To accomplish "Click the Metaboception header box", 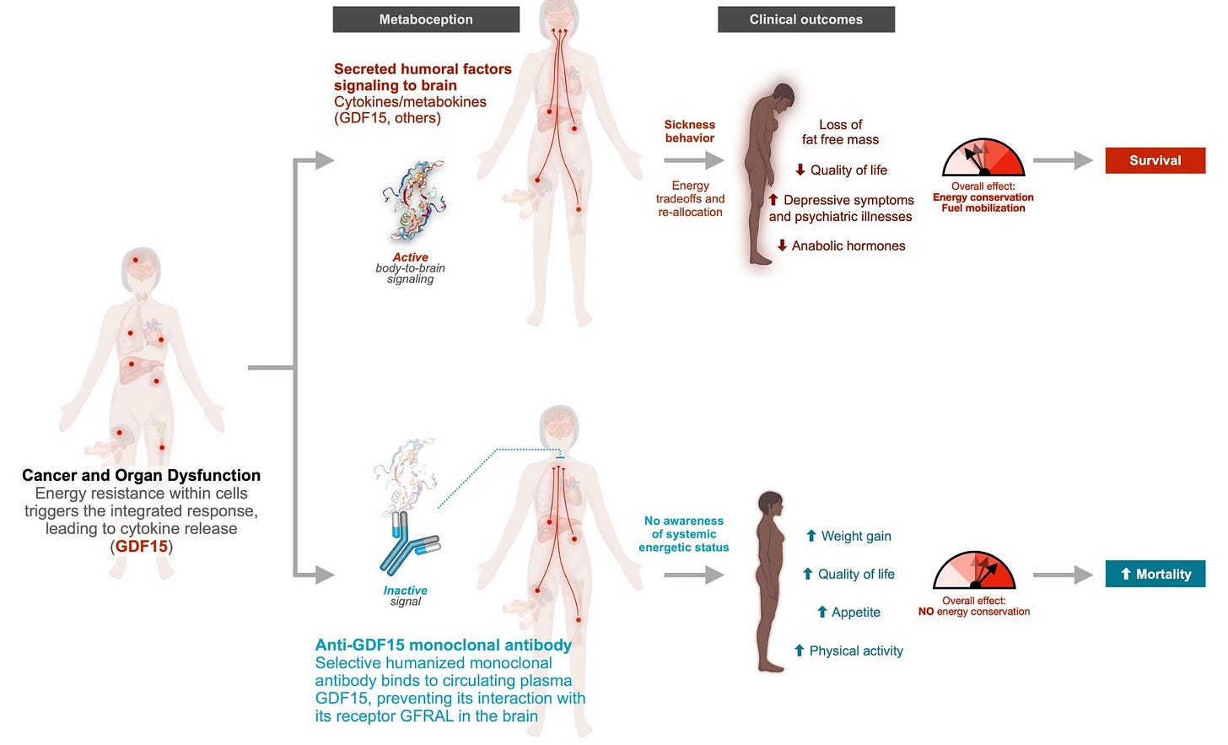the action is point(426,19).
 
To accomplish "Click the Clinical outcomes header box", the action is point(806,19).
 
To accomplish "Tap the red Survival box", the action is point(1155,160).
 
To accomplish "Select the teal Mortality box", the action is point(1155,574).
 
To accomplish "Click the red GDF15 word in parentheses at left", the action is point(142,547).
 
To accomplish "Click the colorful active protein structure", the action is point(414,201).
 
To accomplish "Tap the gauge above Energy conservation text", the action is point(983,158).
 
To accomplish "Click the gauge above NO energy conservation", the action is point(974,570).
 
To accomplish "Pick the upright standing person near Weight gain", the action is point(769,581).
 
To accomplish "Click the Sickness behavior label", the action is point(690,131).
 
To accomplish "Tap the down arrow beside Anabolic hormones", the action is point(783,246).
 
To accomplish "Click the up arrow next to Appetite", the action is point(821,612).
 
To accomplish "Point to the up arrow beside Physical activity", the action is point(800,651).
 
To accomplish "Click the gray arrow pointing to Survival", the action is point(1063,160).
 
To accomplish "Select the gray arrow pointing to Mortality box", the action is point(1063,575).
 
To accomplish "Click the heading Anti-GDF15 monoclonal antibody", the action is point(443,645).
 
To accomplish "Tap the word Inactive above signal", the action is point(405,591).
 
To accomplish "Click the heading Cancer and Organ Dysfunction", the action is point(142,475).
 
